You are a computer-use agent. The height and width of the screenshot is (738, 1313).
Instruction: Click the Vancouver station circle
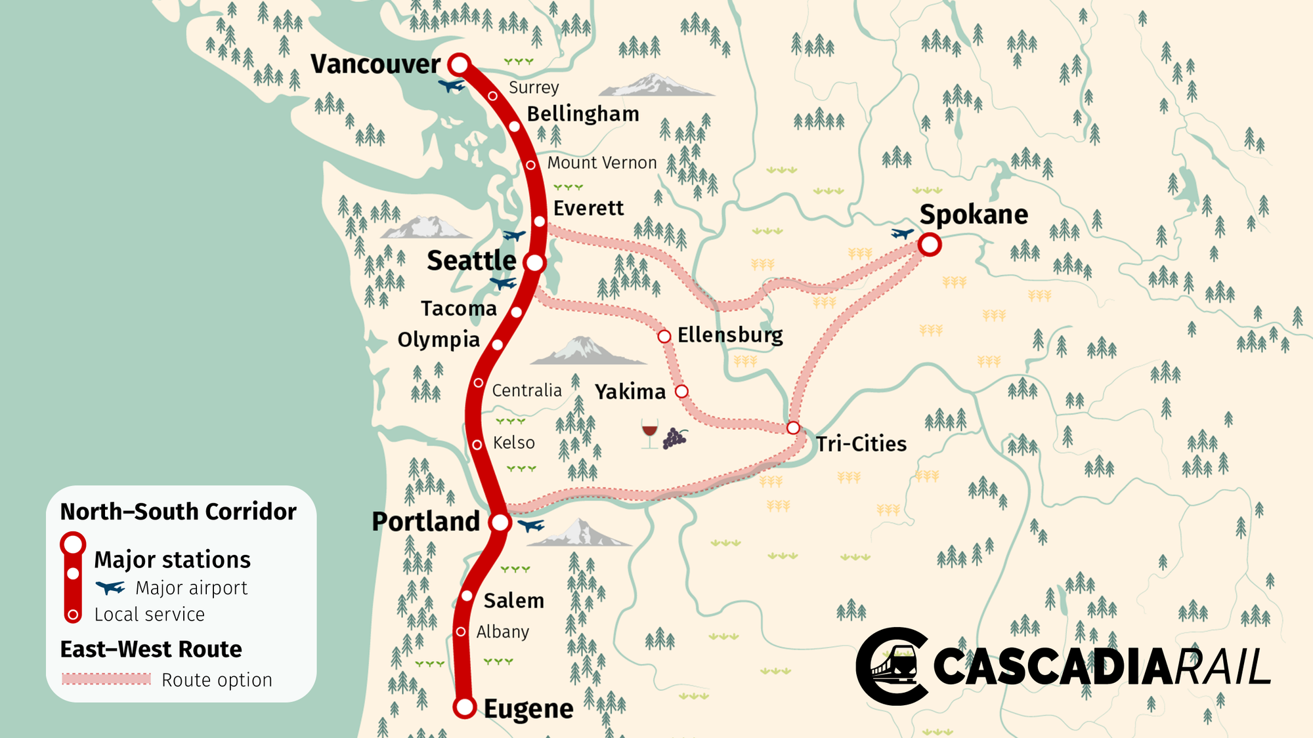[460, 64]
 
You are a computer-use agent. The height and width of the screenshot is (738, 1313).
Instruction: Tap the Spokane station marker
[930, 245]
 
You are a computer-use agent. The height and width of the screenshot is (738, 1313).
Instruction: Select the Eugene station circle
[465, 707]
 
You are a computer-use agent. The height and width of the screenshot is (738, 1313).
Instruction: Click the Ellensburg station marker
[664, 337]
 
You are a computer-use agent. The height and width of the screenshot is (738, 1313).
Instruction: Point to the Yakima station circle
[682, 392]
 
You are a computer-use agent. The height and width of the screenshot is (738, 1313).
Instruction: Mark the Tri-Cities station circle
[793, 428]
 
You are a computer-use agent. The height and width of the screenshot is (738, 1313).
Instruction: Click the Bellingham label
[582, 114]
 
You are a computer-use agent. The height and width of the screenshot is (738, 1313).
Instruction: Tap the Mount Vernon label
[601, 163]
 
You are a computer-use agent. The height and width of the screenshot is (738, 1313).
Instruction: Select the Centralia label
[527, 391]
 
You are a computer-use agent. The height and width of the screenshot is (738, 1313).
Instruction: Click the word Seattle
[471, 261]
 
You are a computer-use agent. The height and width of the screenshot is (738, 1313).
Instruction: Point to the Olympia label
[439, 340]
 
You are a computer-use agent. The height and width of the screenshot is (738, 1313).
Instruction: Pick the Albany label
[502, 632]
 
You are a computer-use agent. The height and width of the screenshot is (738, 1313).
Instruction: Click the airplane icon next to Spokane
[902, 233]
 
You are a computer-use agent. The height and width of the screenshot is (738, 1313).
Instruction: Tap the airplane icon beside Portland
[530, 525]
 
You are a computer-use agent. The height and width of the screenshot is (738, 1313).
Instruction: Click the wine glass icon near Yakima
[649, 433]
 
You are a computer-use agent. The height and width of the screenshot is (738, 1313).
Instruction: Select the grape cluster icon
[674, 438]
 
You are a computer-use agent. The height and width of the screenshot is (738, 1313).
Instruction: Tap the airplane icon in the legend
[110, 587]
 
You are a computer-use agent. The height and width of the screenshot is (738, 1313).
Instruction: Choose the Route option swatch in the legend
[106, 679]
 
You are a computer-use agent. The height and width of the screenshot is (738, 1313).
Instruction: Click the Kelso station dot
[477, 445]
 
